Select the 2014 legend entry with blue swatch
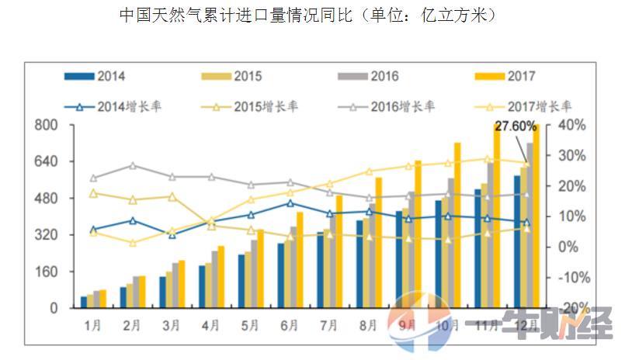coord(97,76)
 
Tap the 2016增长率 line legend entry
coord(384,106)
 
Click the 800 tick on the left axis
coord(48,126)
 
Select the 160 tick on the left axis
coord(48,272)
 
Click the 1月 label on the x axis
coord(92,326)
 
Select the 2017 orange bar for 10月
coord(457,225)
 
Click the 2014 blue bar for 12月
coord(517,241)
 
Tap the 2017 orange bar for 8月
coord(378,242)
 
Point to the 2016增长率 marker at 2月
coord(133,165)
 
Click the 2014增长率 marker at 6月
coord(290,203)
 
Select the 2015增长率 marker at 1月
coord(93,193)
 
